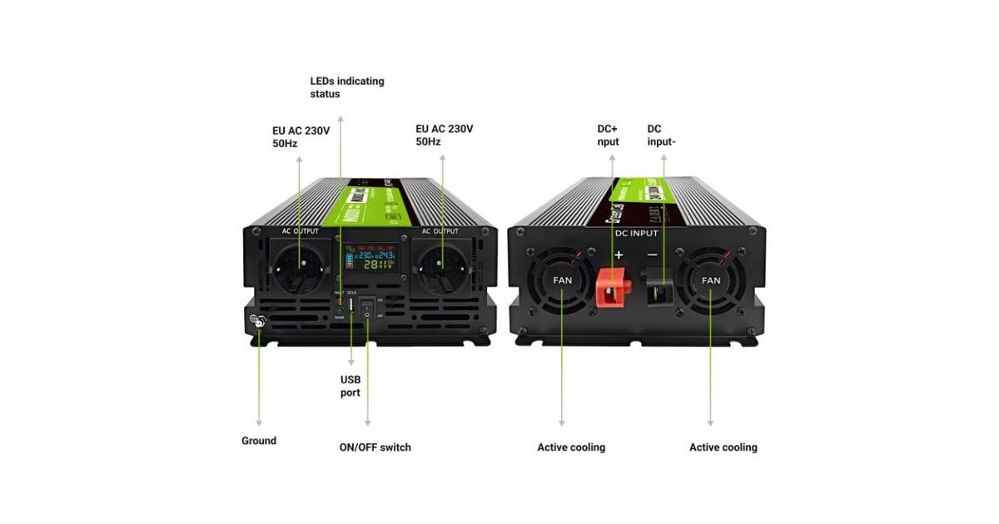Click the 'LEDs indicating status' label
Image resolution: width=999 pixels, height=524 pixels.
(347, 87)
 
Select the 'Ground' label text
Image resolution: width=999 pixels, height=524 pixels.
(259, 441)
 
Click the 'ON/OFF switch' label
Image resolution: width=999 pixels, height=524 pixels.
(375, 447)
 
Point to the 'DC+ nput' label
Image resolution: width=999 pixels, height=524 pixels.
(609, 136)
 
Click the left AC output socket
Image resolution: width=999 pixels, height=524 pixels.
(299, 269)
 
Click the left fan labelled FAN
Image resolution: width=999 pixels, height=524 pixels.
(563, 280)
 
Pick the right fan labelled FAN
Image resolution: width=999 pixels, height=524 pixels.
(711, 280)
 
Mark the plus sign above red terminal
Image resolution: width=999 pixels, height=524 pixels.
(619, 254)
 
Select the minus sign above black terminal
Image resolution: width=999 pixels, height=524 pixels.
(653, 254)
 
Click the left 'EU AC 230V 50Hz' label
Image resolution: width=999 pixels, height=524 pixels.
(301, 136)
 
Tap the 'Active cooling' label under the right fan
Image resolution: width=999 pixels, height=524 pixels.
(723, 447)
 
